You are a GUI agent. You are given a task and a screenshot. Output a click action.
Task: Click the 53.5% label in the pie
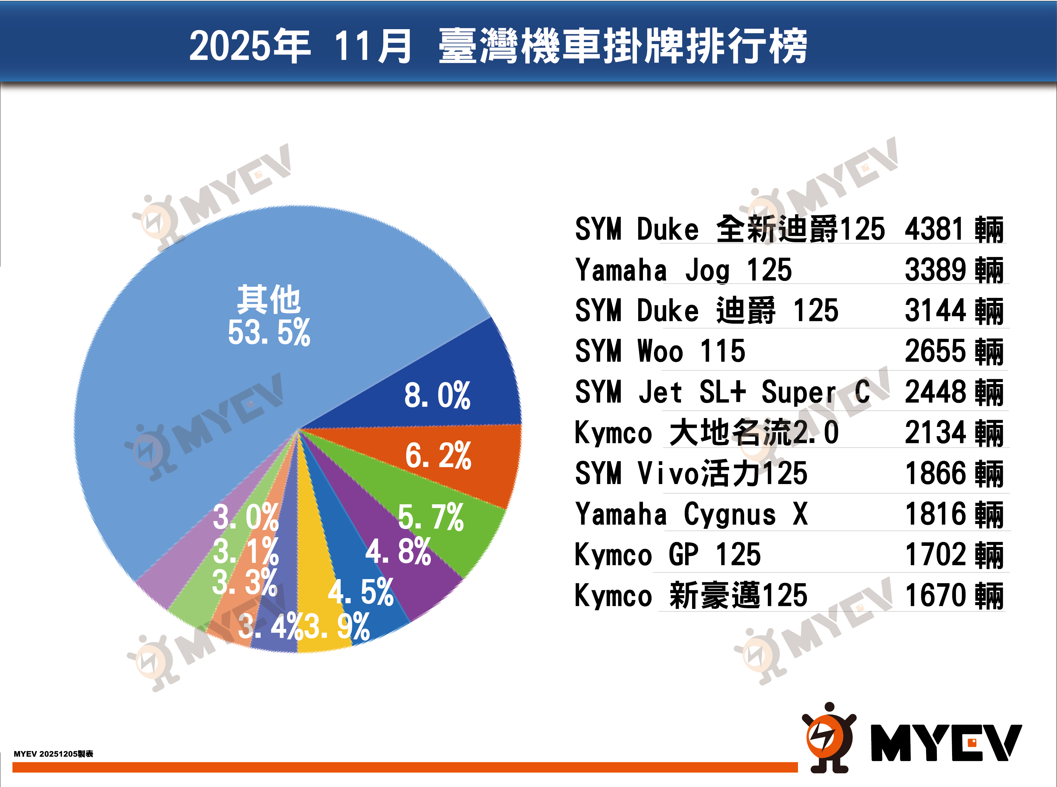(269, 332)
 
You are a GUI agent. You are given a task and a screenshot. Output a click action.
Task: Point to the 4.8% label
(398, 552)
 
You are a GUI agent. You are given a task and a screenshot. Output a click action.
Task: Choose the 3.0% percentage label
(245, 517)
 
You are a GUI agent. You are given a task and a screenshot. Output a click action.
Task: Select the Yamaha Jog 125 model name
(684, 270)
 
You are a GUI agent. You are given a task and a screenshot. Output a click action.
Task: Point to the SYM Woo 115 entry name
(660, 352)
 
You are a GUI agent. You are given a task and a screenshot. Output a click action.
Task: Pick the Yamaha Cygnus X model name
(691, 514)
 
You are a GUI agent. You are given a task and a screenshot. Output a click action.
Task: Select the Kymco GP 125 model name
(667, 555)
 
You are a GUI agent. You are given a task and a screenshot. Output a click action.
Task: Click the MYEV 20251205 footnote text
(53, 754)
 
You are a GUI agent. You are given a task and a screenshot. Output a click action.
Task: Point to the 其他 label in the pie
(269, 300)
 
